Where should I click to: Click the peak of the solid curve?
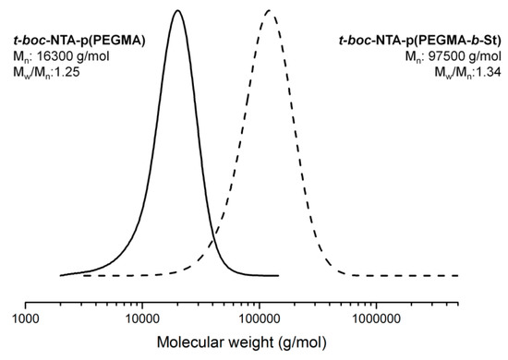pyautogui.click(x=177, y=10)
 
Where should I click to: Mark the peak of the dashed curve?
pyautogui.click(x=268, y=10)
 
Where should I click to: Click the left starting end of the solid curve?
pyautogui.click(x=61, y=275)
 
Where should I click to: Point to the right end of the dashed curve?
pyautogui.click(x=459, y=275)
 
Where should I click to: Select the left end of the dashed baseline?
pyautogui.click(x=83, y=275)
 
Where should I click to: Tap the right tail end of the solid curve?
pyautogui.click(x=278, y=275)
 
